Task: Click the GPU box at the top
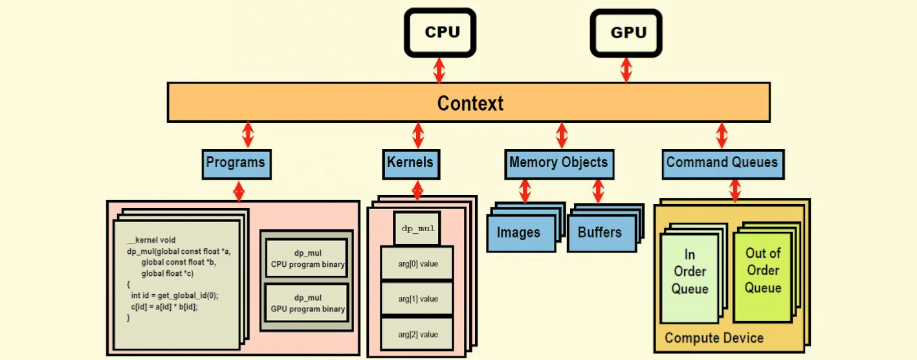click(x=626, y=32)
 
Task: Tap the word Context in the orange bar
click(x=470, y=103)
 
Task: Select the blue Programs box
click(x=236, y=163)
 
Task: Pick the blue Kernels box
click(x=410, y=163)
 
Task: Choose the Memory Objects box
click(x=558, y=163)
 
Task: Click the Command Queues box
click(x=722, y=163)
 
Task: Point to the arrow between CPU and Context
click(x=439, y=70)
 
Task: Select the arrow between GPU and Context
click(x=626, y=70)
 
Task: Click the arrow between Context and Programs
click(x=247, y=135)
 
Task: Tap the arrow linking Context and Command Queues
click(x=722, y=135)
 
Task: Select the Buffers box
click(x=600, y=233)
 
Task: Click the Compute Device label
click(x=714, y=338)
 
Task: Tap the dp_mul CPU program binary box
click(x=307, y=259)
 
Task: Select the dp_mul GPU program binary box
click(x=307, y=304)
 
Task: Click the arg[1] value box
click(x=417, y=299)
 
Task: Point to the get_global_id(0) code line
click(x=174, y=295)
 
